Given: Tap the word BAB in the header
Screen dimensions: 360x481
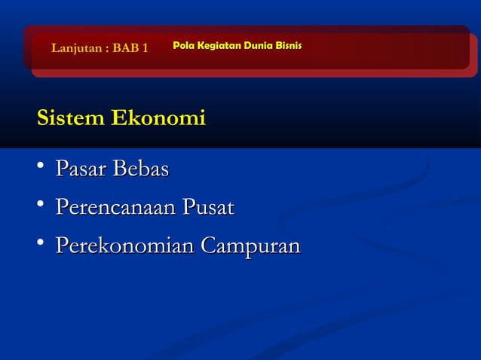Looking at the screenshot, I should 125,49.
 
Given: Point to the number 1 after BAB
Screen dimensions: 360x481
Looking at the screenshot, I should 145,49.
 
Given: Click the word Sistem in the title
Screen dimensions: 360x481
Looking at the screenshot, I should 71,118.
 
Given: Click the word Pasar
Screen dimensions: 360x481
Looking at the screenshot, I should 81,169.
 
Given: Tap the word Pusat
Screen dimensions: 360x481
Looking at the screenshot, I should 207,207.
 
